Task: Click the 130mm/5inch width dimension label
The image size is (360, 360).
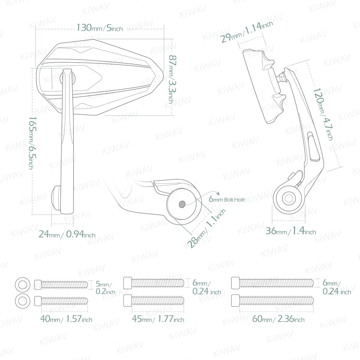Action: tap(99, 28)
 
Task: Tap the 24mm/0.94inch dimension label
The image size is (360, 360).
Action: tap(67, 235)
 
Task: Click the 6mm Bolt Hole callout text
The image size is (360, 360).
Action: tap(227, 200)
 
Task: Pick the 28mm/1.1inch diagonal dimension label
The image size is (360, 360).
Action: tap(206, 229)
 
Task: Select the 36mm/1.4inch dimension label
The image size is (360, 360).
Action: tap(291, 231)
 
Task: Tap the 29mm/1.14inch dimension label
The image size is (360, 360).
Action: tap(246, 32)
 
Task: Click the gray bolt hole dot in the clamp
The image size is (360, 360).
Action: tap(182, 204)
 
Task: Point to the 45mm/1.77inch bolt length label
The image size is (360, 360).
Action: tap(158, 319)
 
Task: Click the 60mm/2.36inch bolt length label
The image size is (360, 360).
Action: tap(278, 319)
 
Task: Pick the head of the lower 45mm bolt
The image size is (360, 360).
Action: tap(127, 300)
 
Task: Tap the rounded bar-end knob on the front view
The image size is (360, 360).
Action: tap(55, 197)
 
